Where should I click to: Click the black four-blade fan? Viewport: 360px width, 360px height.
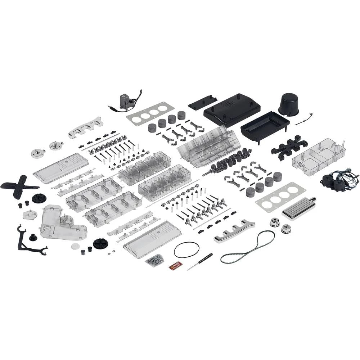[18, 186]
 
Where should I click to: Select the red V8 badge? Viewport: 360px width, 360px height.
[175, 266]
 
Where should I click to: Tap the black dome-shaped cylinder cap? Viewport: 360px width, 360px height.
[289, 104]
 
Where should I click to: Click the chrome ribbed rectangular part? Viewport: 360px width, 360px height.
[299, 208]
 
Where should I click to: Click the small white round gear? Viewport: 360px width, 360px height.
[75, 246]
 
